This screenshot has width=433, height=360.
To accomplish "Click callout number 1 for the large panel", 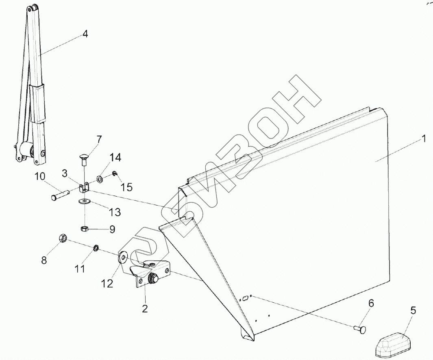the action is (423, 139).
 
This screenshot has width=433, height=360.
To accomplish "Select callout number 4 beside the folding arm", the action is (85, 34).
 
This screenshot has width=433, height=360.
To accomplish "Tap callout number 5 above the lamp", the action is (413, 311).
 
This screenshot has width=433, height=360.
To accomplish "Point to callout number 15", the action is (126, 187).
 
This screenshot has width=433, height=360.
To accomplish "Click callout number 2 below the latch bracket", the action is (145, 309).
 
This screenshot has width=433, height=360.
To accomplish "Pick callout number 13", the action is (115, 212).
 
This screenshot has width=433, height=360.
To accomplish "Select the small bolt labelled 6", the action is (360, 328).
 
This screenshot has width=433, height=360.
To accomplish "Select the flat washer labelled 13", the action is (84, 201).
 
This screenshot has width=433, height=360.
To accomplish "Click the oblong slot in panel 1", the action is (245, 299).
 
